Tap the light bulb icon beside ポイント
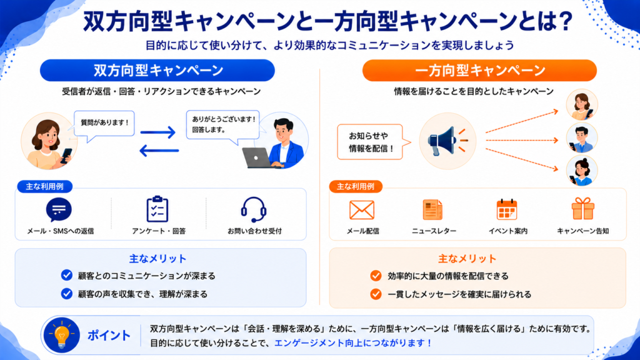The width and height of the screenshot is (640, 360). click(x=62, y=335)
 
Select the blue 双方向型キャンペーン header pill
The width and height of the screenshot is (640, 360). click(x=157, y=70)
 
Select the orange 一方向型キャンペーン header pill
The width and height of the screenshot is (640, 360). click(x=479, y=70)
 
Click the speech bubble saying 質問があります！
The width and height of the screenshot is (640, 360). click(x=104, y=124)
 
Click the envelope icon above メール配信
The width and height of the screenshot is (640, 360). click(x=362, y=210)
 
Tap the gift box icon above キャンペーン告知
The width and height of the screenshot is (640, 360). click(x=583, y=209)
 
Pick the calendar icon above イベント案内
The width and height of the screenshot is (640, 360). click(x=507, y=209)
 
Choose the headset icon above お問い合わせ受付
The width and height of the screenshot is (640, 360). click(x=254, y=209)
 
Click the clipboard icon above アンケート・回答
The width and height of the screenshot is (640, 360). click(x=157, y=209)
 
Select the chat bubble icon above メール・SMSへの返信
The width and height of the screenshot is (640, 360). click(x=59, y=209)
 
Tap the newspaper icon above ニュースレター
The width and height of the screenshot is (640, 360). click(x=432, y=210)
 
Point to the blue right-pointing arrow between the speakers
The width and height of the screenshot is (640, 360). click(x=158, y=132)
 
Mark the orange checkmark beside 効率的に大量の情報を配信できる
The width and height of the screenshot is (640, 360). click(x=376, y=276)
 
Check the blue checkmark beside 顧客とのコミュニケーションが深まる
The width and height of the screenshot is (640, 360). click(x=66, y=276)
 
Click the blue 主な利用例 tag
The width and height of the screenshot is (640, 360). click(x=45, y=186)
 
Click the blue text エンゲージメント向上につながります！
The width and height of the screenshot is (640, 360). click(x=354, y=343)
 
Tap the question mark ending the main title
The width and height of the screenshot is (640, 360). click(x=566, y=21)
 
